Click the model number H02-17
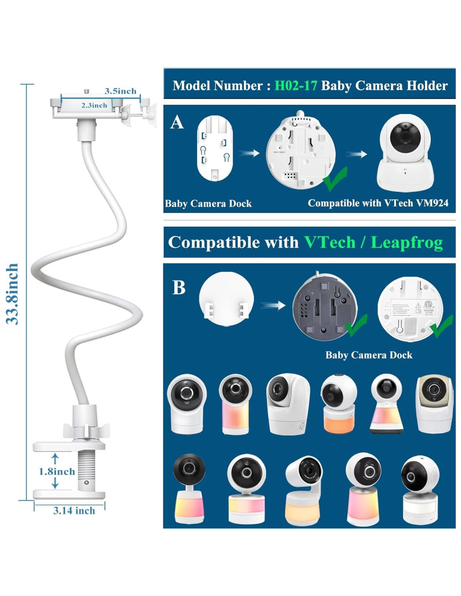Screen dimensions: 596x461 coord(295,86)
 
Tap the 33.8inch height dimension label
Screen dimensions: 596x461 coord(13,293)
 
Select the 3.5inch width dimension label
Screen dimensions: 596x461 coord(120,91)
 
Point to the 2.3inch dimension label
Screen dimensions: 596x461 coord(94,106)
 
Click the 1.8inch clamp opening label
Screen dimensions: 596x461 coord(57,472)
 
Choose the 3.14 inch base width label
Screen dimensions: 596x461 coord(74,510)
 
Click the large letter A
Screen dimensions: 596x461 coord(177,122)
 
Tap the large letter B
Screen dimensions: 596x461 coord(179,288)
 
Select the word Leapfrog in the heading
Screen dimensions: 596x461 coord(407,242)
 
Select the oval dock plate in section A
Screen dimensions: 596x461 coord(215,148)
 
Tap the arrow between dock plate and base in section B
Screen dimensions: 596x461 coord(273,306)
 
